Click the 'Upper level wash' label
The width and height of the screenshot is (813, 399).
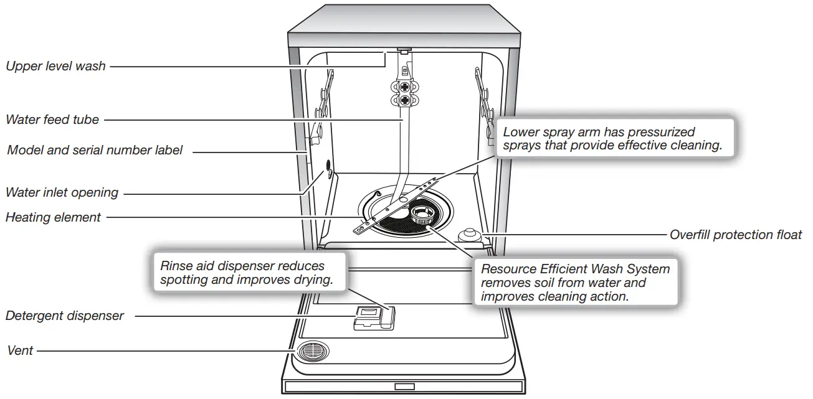(55, 66)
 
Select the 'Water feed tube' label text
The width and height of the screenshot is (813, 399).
(52, 120)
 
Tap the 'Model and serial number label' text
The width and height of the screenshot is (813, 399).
(95, 150)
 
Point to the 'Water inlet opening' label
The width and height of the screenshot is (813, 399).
(62, 192)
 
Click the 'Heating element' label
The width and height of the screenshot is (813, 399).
(53, 217)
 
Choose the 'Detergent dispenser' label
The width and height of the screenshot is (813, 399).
(65, 316)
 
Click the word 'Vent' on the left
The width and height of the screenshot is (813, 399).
(19, 351)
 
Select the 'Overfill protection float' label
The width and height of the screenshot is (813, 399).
(736, 235)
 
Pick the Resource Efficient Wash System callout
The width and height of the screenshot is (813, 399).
(576, 283)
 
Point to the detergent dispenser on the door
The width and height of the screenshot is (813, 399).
(371, 317)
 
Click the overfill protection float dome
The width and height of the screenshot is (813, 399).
(468, 235)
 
